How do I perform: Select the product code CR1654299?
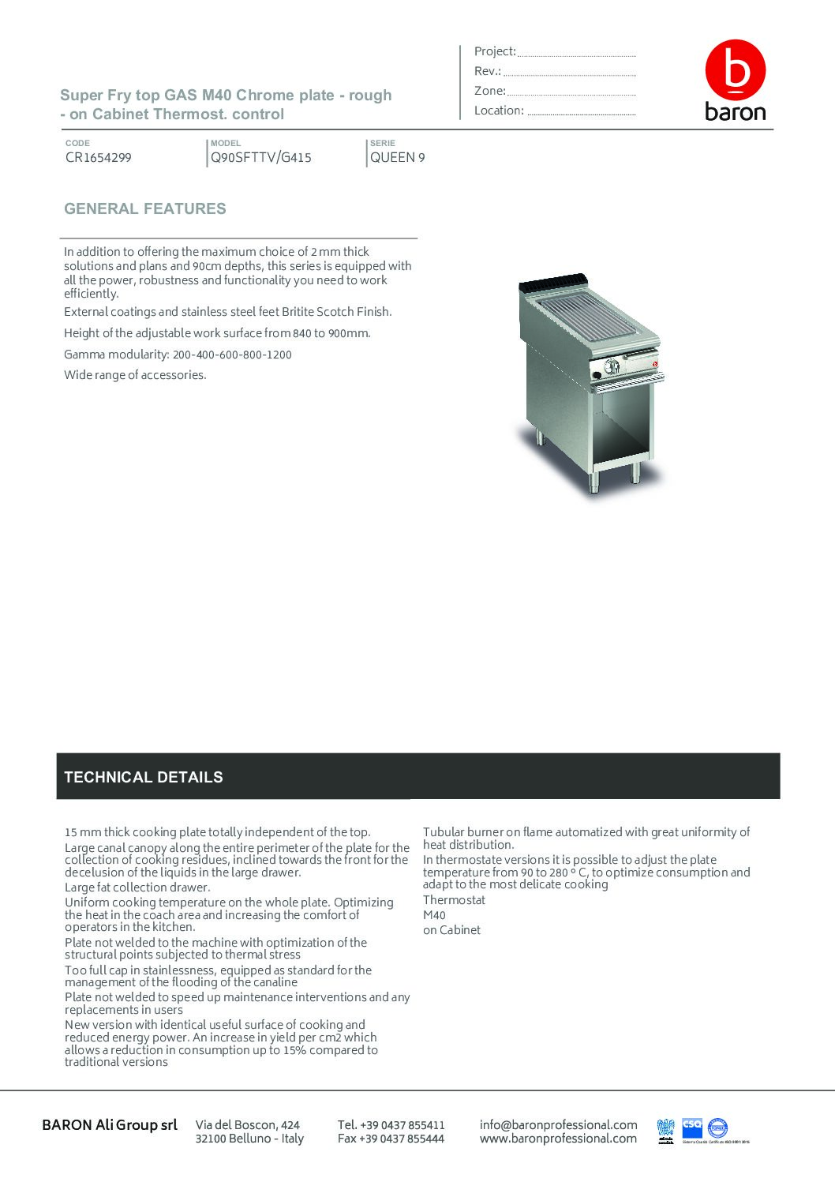99,157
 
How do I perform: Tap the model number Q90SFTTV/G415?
260,157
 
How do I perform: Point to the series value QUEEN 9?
398,157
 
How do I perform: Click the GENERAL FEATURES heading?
145,209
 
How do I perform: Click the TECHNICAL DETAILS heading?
144,777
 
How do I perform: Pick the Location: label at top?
499,111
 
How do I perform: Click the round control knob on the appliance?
610,366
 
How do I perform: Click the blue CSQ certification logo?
692,1125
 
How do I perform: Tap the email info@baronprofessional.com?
558,1125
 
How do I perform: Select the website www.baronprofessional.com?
558,1139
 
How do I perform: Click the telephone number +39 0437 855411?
391,1125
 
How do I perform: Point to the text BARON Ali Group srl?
110,1125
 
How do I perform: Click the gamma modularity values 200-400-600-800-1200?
232,355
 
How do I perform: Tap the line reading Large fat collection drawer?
137,887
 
